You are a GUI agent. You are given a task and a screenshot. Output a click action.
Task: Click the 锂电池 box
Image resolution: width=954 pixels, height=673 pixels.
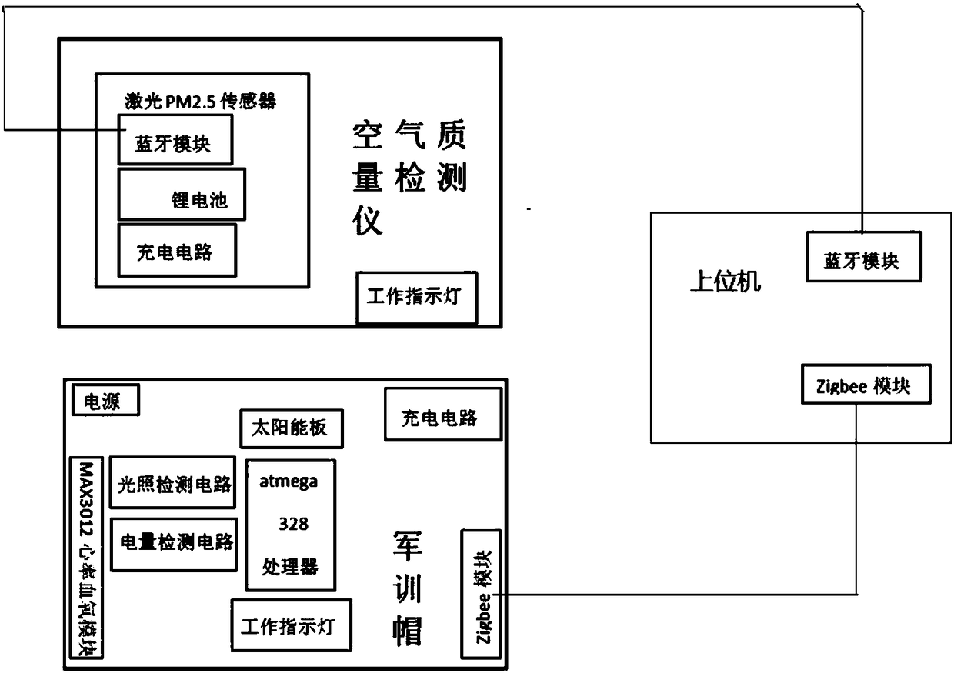(x=182, y=195)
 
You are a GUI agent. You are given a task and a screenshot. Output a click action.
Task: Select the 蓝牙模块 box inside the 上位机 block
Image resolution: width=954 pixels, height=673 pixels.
(x=862, y=256)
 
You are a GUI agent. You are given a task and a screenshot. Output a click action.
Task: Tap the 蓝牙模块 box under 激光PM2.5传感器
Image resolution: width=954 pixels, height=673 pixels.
(x=175, y=139)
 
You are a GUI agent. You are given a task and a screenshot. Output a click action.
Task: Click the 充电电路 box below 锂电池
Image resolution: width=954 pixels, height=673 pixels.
(x=177, y=250)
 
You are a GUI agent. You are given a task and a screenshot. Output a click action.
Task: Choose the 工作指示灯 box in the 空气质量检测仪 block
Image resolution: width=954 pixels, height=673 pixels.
(x=416, y=297)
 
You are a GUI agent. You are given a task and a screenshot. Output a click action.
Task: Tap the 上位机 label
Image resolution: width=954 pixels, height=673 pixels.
(x=725, y=282)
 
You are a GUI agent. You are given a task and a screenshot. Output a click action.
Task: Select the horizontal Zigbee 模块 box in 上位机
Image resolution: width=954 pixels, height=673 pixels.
(x=865, y=383)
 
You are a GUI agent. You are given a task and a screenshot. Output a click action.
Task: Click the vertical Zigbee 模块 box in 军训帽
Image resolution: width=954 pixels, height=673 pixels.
(x=480, y=593)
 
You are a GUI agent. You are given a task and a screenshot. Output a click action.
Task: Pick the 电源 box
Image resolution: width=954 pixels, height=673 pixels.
(x=106, y=400)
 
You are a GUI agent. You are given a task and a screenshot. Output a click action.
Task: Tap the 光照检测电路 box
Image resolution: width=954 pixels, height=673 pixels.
(x=173, y=482)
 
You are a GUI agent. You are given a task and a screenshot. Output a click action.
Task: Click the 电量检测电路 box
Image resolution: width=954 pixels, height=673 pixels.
(x=174, y=544)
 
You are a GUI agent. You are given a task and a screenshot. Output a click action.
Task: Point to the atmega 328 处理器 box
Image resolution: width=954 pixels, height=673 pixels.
(x=291, y=525)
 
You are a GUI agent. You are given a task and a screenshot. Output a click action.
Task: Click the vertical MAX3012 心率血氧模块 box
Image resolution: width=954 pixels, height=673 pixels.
(x=86, y=558)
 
